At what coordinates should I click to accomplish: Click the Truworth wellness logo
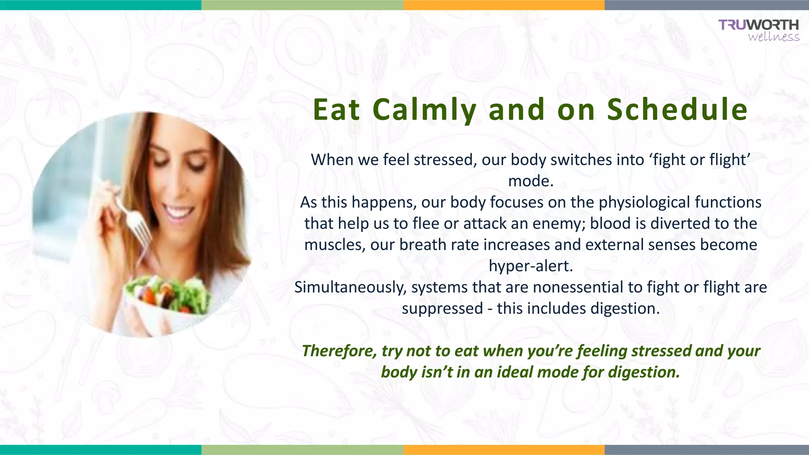click(x=758, y=30)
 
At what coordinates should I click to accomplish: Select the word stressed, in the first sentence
click(x=445, y=160)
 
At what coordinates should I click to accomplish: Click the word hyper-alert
click(x=531, y=266)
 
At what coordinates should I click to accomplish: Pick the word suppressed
click(x=442, y=308)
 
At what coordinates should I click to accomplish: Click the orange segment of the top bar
click(x=504, y=5)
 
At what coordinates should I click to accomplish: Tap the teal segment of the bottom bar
click(x=101, y=450)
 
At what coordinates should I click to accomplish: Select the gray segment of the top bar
click(x=706, y=5)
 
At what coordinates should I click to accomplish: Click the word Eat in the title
click(x=336, y=110)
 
